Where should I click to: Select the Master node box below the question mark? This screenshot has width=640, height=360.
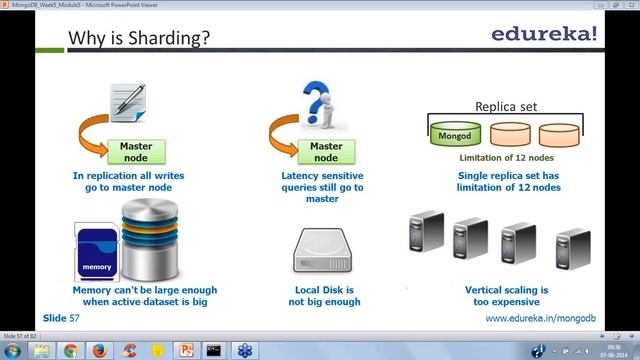tap(326, 151)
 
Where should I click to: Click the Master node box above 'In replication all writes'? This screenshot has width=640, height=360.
tap(136, 151)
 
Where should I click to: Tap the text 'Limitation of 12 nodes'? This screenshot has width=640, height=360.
tap(506, 157)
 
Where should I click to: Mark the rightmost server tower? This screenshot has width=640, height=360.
tap(570, 250)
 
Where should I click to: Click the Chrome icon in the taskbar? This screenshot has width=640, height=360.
tap(70, 350)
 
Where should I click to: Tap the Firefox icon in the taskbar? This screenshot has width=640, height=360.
tap(99, 350)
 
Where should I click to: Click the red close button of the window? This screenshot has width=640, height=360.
tap(626, 5)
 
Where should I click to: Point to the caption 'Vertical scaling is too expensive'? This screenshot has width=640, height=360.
tap(503, 295)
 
